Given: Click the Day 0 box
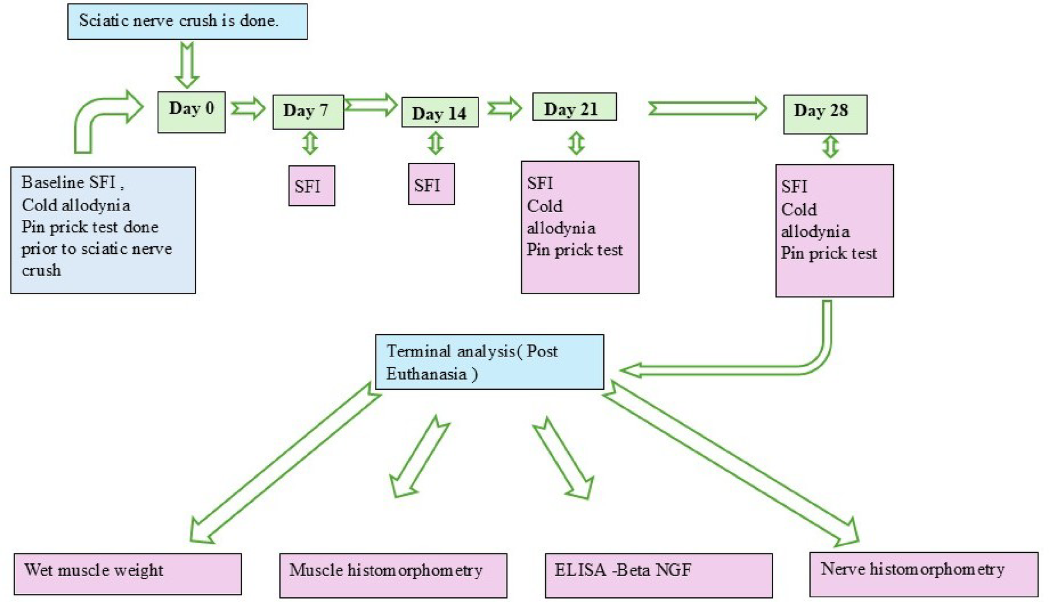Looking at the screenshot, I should click(x=191, y=112).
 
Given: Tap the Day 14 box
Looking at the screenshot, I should click(x=439, y=113).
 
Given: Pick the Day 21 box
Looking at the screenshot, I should click(x=574, y=107).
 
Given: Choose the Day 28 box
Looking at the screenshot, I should click(x=825, y=114).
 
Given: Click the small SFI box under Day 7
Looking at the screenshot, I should click(x=312, y=186).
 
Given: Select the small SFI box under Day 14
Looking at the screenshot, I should click(x=431, y=185).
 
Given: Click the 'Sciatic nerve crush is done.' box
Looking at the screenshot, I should click(x=187, y=22).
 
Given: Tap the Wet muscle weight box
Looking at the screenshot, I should click(x=127, y=574).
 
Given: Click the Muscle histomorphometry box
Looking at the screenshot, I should click(x=393, y=575).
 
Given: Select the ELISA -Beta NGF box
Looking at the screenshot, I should click(x=658, y=575).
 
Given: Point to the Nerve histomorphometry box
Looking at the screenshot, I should click(x=923, y=574).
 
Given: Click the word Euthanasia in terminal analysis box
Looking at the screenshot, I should click(x=426, y=374).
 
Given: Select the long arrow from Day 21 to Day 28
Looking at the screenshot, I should click(x=708, y=108).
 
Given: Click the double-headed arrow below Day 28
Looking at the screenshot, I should click(x=830, y=147).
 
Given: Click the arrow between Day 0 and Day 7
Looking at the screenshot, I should click(x=248, y=109).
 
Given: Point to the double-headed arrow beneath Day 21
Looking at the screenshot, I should click(x=576, y=143).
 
